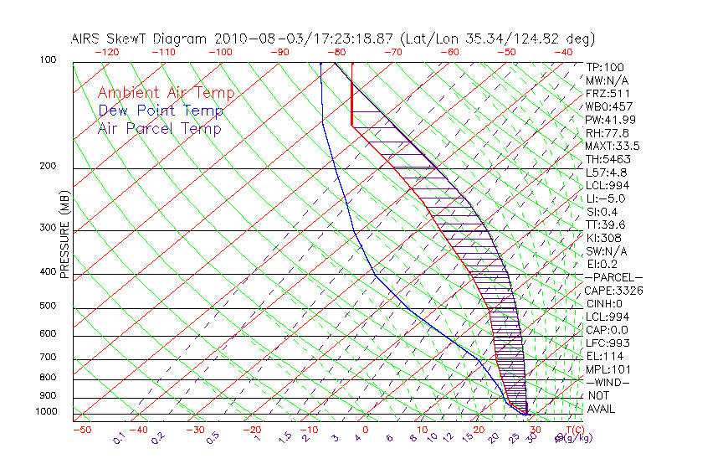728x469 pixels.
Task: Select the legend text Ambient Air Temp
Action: point(166,94)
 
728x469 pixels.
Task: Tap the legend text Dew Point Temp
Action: point(161,111)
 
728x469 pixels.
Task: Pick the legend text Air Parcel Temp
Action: point(160,129)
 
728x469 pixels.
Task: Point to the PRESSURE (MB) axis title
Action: point(64,235)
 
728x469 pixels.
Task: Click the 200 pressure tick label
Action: point(49,167)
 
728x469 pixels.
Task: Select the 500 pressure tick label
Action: point(49,307)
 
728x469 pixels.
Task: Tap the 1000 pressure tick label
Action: point(47,412)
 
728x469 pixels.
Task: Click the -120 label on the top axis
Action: point(106,52)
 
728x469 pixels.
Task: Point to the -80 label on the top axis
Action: point(337,52)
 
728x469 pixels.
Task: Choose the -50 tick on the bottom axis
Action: point(81,430)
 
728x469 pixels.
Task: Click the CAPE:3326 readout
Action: point(613,291)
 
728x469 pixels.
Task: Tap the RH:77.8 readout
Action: point(608,133)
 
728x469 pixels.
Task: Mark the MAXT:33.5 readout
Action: point(613,147)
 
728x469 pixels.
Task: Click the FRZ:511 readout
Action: point(608,94)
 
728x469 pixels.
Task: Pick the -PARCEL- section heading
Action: point(613,277)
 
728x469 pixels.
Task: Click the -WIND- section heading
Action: point(608,382)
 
